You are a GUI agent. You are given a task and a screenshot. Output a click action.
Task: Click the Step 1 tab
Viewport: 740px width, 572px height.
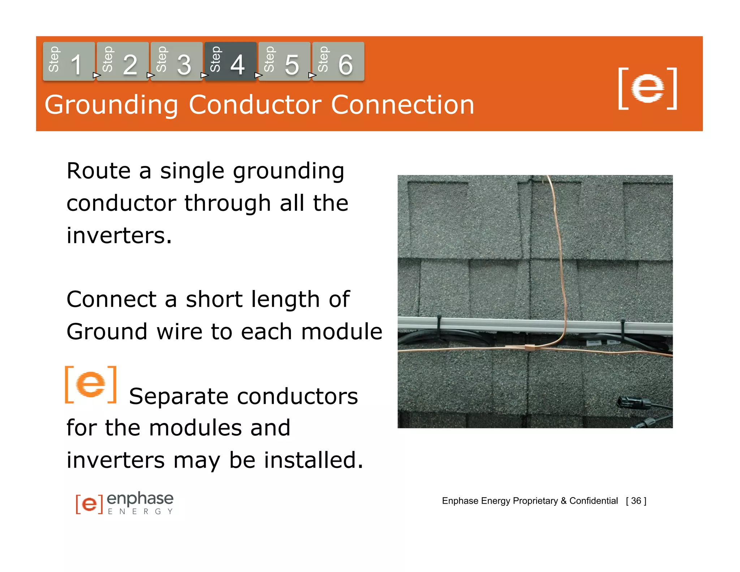point(69,61)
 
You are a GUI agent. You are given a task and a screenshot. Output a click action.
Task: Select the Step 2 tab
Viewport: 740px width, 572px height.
point(122,61)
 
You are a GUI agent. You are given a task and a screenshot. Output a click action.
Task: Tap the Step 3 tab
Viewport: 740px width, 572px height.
point(176,61)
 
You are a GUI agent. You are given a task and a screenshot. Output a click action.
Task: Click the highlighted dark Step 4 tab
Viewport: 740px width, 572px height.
point(230,61)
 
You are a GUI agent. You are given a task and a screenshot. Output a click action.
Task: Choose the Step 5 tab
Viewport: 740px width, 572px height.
point(284,61)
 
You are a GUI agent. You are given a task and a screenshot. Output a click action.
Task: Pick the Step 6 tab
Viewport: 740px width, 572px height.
point(338,61)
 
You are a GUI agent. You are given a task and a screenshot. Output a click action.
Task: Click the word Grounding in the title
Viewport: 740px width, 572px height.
point(111,105)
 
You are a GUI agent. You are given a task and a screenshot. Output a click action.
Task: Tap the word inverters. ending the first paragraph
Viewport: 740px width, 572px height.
point(119,235)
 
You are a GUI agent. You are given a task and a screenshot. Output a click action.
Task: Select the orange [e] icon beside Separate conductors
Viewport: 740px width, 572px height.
point(91,384)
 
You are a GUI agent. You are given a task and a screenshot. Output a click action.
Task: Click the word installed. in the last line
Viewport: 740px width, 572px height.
point(313,460)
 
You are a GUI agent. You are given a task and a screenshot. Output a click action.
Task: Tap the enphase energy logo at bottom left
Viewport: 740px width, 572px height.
point(125,503)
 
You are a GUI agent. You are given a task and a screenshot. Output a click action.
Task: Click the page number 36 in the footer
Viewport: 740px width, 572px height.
point(636,501)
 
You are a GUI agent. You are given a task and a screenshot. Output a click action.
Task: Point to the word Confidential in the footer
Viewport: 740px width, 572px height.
point(593,501)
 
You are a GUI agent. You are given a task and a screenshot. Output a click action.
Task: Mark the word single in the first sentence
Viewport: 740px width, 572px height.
point(192,171)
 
